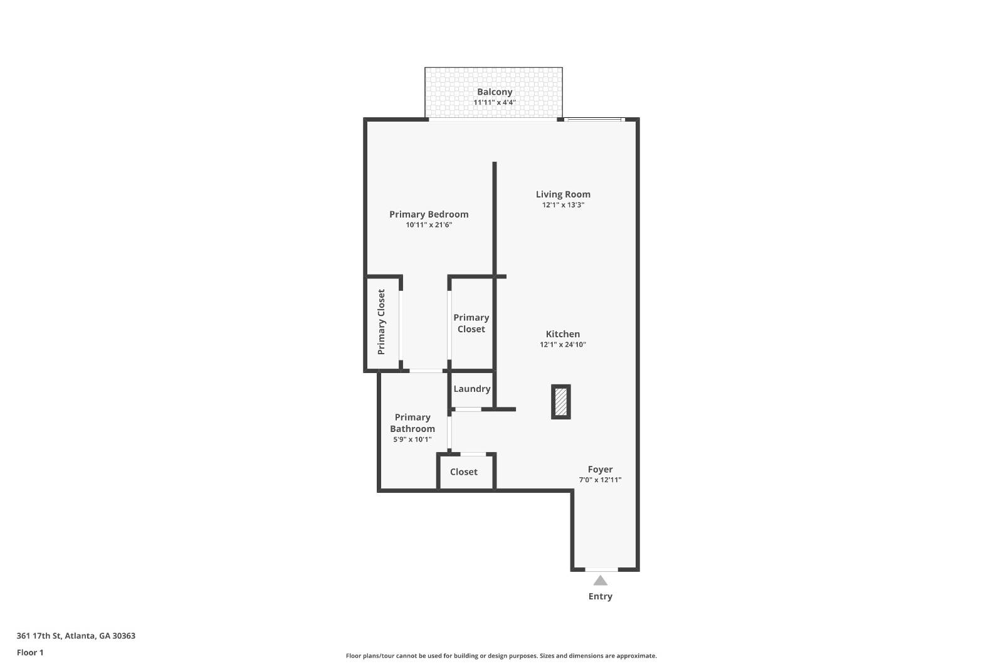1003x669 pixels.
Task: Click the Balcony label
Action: [495, 92]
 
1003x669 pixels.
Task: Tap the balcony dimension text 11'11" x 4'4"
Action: [495, 102]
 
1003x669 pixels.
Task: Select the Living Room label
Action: [563, 194]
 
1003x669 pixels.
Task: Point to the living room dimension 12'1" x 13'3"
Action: [563, 205]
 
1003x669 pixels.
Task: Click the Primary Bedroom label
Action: [429, 214]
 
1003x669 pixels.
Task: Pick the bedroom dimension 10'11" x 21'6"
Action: [429, 225]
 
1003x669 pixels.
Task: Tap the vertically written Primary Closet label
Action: [381, 322]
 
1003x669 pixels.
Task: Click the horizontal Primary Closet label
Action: [471, 323]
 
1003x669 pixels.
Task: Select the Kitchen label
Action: [563, 334]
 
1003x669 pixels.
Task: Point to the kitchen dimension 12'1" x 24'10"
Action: [563, 345]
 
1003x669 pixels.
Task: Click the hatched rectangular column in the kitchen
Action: [561, 402]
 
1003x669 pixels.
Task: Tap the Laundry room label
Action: [471, 389]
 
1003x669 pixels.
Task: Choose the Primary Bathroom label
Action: [412, 423]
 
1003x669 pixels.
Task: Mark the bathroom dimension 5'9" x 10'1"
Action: [412, 440]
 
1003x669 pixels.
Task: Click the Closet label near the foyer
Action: [464, 472]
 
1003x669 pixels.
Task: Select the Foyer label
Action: [600, 469]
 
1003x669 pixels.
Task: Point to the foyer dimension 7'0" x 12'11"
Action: [600, 480]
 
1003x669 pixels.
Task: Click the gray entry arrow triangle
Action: [600, 581]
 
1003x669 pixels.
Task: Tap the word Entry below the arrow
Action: [600, 596]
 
